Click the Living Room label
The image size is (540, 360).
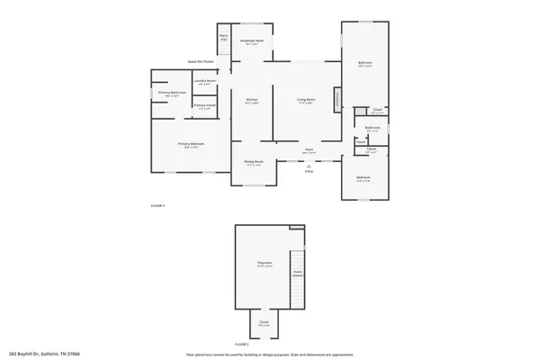pyautogui.click(x=307, y=100)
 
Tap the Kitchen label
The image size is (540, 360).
pyautogui.click(x=253, y=100)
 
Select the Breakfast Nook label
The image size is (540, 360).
pyautogui.click(x=252, y=41)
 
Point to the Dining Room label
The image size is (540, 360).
pyautogui.click(x=253, y=163)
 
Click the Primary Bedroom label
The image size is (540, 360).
pyautogui.click(x=191, y=144)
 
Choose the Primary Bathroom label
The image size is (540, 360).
pyautogui.click(x=172, y=94)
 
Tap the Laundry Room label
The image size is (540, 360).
pyautogui.click(x=205, y=81)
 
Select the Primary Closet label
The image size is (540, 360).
pyautogui.click(x=204, y=105)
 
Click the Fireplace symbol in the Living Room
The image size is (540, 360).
pyautogui.click(x=337, y=100)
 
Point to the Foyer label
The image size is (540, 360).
pyautogui.click(x=308, y=150)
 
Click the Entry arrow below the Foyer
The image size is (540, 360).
pyautogui.click(x=308, y=167)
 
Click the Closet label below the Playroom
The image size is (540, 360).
pyautogui.click(x=264, y=322)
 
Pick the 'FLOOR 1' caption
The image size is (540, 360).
pyautogui.click(x=157, y=206)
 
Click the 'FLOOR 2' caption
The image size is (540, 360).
pyautogui.click(x=241, y=344)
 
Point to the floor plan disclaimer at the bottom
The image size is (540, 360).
pyautogui.click(x=270, y=354)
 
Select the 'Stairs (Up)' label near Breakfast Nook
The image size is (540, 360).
pyautogui.click(x=224, y=37)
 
